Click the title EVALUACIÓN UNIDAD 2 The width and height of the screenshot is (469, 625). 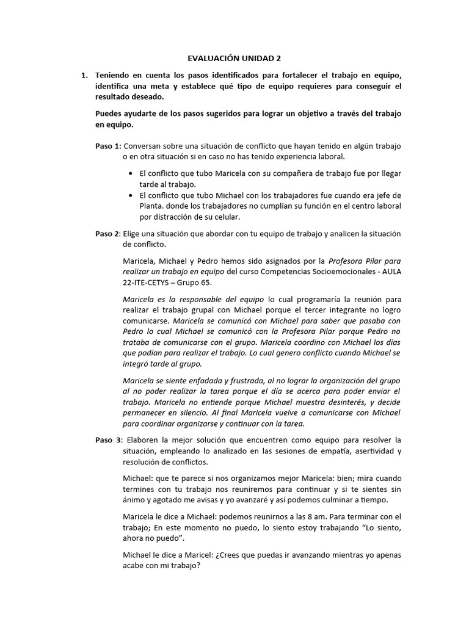click(234, 59)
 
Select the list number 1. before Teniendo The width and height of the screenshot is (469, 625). click(84, 75)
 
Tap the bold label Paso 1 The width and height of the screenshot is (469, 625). click(107, 146)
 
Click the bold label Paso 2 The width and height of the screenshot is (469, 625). click(107, 234)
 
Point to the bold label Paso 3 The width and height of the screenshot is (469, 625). click(107, 440)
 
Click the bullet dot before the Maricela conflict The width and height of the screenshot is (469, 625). click(131, 173)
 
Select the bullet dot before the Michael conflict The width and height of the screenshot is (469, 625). click(131, 195)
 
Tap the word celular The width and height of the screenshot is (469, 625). click(226, 217)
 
